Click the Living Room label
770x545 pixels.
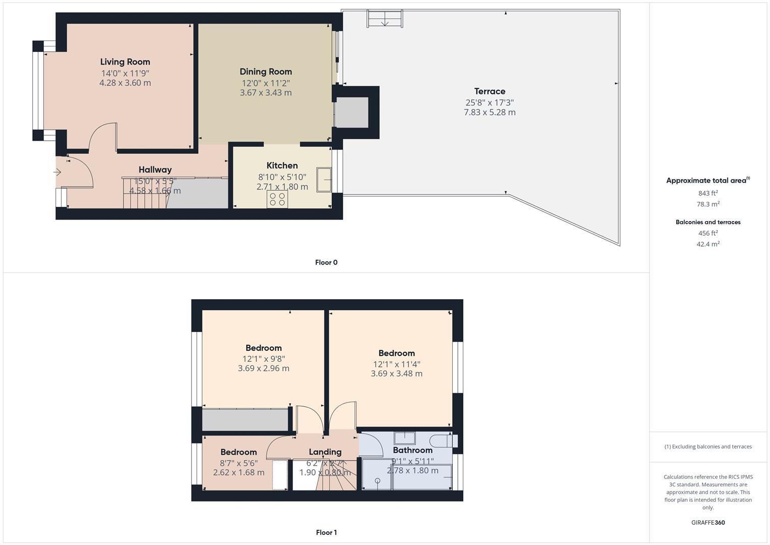pos(125,62)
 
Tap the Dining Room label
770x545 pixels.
pos(266,72)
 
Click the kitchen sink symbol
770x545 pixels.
pos(324,180)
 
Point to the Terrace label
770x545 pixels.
pos(490,91)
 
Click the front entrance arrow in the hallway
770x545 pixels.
pos(57,173)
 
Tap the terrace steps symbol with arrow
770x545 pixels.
pos(385,19)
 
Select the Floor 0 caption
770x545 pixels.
pos(326,262)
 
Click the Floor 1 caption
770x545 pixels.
pos(326,532)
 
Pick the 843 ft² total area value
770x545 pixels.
pos(708,193)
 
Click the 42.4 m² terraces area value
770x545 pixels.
pos(708,244)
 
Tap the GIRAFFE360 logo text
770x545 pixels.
pos(708,523)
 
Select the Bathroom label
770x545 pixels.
pos(412,450)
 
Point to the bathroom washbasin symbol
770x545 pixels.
pos(404,438)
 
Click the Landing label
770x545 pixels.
pos(325,452)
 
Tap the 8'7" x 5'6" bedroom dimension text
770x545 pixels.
pos(239,463)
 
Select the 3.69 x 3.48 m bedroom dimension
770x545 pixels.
pos(396,374)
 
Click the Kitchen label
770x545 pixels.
pos(282,166)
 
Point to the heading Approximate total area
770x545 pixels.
pos(706,181)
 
